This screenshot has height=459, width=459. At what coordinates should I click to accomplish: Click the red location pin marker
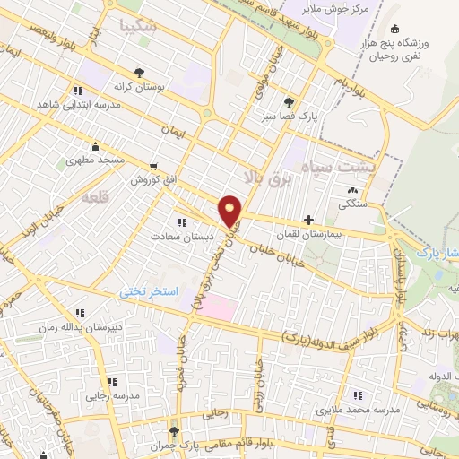tap(231, 210)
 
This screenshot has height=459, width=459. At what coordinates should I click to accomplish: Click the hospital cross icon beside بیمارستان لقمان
tap(309, 219)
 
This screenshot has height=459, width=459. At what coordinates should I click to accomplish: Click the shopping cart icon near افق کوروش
tap(154, 166)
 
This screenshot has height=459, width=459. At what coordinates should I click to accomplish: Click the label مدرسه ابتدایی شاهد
tap(77, 104)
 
